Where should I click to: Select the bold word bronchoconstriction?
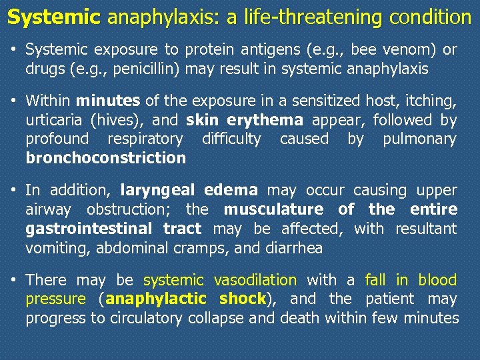[105, 158]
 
